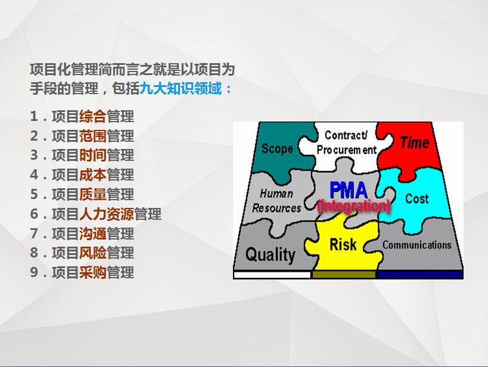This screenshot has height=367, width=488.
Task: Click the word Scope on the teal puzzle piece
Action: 277,148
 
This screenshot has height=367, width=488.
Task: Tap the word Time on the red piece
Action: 415,142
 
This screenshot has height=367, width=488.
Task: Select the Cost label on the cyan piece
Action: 416,198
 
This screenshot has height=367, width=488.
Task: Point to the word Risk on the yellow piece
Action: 343,244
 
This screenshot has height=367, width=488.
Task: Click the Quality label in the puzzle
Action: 270,255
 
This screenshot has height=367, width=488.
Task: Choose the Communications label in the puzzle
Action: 416,245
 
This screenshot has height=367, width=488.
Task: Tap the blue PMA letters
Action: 349,190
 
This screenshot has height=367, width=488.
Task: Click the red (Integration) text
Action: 354,206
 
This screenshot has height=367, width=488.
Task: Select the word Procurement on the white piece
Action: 347,150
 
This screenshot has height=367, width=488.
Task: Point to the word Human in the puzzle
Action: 276,194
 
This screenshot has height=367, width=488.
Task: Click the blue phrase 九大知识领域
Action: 181,88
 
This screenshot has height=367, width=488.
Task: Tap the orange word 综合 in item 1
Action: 93,116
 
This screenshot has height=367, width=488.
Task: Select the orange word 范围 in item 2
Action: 93,136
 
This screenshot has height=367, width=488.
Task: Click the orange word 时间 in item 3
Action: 93,155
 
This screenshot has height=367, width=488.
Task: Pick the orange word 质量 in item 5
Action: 93,195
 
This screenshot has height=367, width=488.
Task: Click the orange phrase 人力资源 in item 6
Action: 107,214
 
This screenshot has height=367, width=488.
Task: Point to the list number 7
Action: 34,234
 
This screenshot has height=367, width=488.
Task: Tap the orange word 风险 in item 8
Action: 93,253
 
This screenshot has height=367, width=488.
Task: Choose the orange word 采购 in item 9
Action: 93,273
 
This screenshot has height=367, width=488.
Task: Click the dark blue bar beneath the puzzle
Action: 420,275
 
